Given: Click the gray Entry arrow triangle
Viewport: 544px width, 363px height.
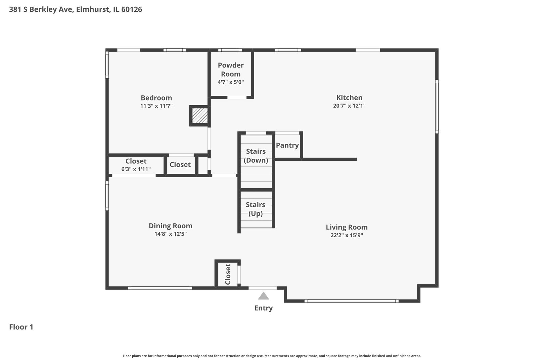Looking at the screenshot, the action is tap(264, 296).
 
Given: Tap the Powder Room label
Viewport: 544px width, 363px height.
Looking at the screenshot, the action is tap(231, 70).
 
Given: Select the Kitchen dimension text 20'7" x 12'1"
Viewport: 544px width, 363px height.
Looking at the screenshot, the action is tap(349, 106).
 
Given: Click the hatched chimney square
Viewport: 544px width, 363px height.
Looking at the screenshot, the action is tap(200, 116).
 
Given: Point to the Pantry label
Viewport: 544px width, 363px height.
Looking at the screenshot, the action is tap(287, 145).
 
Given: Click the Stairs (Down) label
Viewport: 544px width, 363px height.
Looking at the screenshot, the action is tap(256, 156).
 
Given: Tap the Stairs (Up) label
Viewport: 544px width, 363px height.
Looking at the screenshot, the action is tap(256, 209).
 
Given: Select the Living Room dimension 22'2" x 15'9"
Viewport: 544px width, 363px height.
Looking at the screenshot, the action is tap(347, 235).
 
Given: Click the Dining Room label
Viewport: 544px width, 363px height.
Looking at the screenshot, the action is tap(171, 226).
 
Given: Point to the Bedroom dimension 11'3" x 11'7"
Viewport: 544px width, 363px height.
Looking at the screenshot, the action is tap(156, 106).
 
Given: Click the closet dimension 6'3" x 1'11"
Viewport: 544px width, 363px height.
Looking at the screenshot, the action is tap(136, 169).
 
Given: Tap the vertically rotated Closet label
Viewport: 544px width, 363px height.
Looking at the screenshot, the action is tap(228, 274).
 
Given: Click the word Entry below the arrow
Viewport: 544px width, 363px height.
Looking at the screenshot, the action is tap(264, 308).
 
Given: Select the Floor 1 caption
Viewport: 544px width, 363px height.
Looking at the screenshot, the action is tap(21, 327).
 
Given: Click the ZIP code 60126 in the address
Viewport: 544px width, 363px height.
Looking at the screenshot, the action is tap(132, 9).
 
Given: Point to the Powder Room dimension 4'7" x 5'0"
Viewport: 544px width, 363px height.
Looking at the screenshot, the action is tap(231, 82).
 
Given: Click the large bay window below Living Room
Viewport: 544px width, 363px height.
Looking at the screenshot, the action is tap(352, 301).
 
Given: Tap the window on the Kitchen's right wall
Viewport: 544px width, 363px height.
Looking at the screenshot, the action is tap(437, 107).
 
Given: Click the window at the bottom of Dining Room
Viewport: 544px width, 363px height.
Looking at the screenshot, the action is tap(160, 288).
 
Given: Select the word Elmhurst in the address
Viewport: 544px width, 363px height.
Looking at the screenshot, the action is tap(93, 9).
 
